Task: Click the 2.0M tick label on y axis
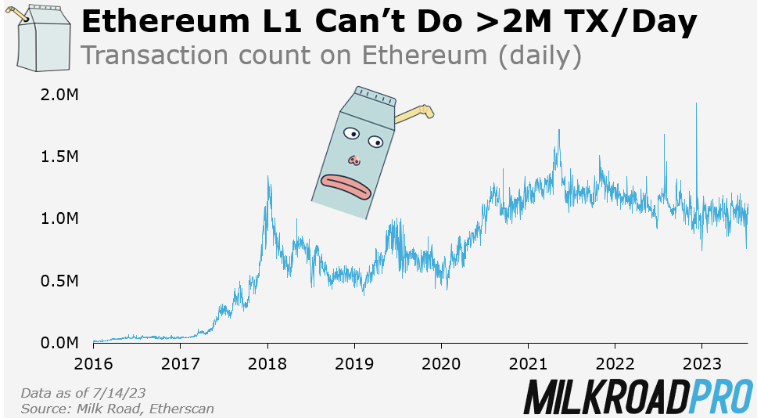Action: pyautogui.click(x=59, y=95)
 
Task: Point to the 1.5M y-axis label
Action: pyautogui.click(x=59, y=157)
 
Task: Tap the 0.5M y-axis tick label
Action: pyautogui.click(x=59, y=281)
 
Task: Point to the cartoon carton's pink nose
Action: pyautogui.click(x=355, y=160)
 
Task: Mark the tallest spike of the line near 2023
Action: pyautogui.click(x=696, y=104)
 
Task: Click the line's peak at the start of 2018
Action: pyautogui.click(x=269, y=177)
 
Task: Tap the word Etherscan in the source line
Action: pyautogui.click(x=179, y=408)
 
